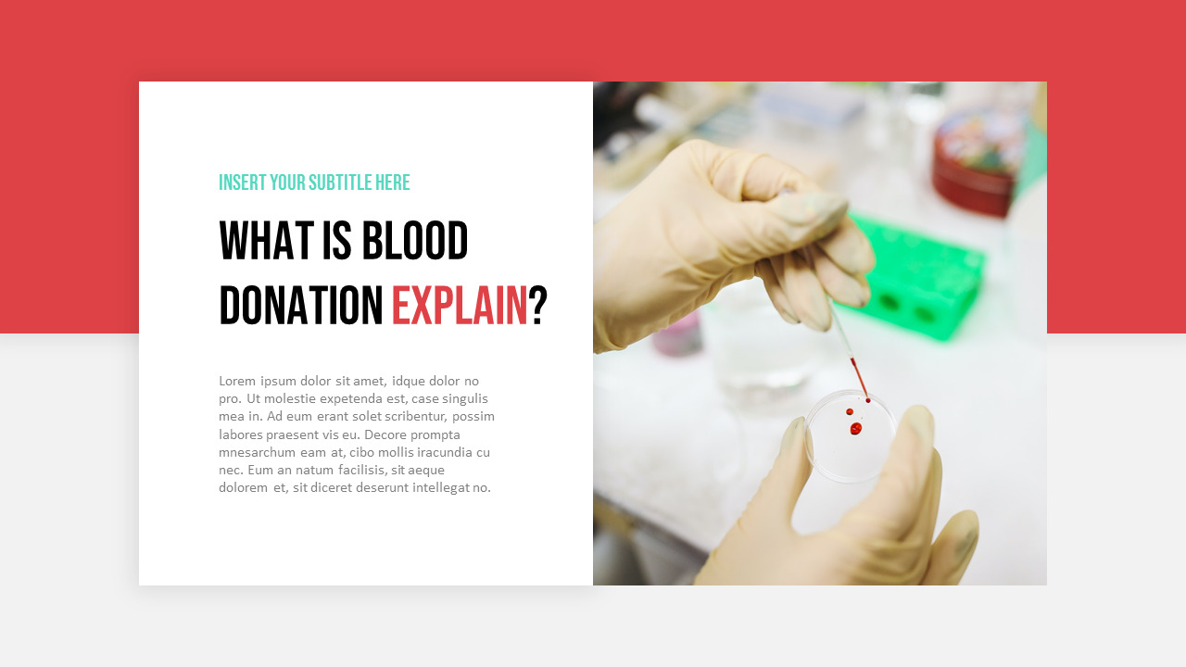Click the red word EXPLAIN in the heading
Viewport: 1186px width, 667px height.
tap(460, 306)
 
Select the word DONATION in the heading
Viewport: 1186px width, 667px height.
tap(301, 306)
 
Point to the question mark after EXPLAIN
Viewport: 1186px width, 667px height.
tap(538, 306)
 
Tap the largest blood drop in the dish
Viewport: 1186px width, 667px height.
tap(855, 429)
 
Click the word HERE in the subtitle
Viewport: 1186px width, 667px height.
tap(393, 182)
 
